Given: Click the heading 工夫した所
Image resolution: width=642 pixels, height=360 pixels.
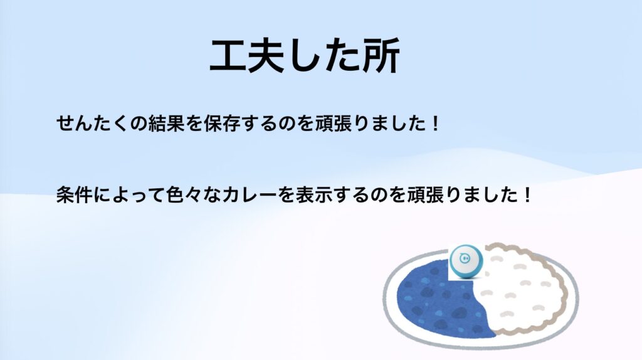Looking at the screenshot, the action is tap(305, 56).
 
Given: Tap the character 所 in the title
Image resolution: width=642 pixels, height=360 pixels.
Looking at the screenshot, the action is tap(381, 56).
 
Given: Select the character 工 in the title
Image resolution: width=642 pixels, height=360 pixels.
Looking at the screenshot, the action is tap(228, 56).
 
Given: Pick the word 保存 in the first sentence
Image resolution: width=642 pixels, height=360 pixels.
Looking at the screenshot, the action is tap(221, 124).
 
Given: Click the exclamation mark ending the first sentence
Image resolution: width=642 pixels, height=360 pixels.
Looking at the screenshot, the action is tap(435, 124).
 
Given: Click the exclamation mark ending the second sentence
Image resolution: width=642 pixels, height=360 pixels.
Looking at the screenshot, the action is tap(527, 194).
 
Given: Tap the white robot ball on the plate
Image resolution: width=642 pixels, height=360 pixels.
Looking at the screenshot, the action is tap(466, 262).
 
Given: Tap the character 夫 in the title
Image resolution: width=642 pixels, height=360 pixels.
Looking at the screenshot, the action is tap(265, 56).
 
